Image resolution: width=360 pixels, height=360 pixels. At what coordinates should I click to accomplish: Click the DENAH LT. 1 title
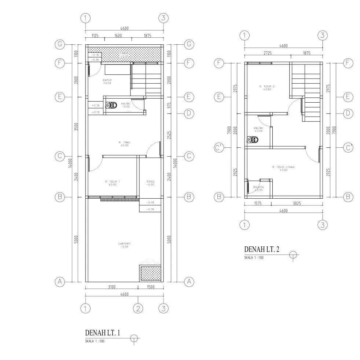102,333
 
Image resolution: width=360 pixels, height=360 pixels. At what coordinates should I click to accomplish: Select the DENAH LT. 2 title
262,250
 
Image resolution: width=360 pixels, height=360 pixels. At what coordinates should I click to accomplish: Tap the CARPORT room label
124,244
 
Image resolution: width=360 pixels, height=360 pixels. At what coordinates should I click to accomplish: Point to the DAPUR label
107,80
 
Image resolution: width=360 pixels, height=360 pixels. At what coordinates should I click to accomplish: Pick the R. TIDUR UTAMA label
283,167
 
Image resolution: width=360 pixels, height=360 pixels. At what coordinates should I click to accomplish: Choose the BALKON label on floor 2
258,187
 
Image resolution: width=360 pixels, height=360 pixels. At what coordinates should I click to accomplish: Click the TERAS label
150,181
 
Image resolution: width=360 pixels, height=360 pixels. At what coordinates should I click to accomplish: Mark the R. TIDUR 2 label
267,87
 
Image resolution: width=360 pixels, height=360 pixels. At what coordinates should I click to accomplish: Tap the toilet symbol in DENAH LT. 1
111,106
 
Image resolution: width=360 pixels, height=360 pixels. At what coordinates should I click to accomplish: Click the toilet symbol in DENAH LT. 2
253,140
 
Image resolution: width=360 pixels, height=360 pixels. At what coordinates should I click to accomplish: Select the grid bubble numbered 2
138,308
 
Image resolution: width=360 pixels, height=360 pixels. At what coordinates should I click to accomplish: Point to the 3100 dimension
112,287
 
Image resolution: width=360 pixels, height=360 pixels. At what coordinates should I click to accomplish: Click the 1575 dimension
258,203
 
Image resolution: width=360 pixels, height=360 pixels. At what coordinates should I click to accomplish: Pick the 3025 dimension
297,203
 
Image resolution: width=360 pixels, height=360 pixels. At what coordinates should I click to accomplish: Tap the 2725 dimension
268,53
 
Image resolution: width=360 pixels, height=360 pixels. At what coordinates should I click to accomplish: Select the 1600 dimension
118,36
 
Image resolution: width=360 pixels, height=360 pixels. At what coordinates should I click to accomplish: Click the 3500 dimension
76,126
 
